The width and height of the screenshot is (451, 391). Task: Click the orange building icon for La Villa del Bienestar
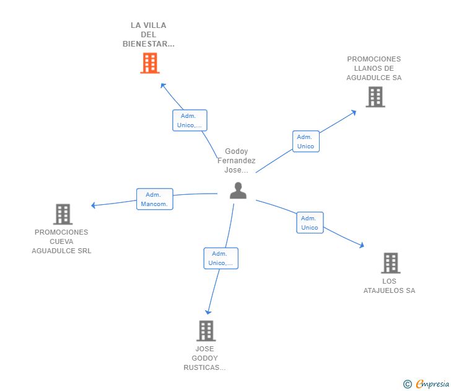click(149, 63)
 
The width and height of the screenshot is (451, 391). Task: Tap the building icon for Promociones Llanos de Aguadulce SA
click(375, 97)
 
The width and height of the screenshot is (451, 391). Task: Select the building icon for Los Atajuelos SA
click(390, 263)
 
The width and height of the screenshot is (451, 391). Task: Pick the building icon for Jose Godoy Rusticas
click(206, 331)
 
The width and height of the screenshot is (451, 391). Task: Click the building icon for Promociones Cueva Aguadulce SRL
click(63, 214)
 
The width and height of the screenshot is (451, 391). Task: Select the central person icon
click(238, 191)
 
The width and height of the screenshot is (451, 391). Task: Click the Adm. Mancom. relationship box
click(154, 199)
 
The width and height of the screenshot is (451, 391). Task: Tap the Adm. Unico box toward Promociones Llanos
click(305, 142)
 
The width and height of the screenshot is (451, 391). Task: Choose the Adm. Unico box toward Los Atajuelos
click(309, 223)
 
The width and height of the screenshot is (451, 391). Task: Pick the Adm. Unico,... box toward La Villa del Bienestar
click(190, 120)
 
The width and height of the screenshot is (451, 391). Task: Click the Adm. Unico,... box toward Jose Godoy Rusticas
click(221, 258)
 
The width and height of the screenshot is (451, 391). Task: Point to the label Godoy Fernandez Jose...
click(236, 161)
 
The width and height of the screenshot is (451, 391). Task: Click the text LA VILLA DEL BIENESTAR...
click(149, 35)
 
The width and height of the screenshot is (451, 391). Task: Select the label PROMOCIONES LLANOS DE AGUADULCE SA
click(374, 68)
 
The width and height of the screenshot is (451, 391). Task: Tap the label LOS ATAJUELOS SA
click(389, 286)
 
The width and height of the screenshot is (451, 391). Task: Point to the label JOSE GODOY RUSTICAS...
click(204, 358)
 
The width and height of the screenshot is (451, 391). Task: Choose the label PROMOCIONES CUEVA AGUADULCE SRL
click(62, 241)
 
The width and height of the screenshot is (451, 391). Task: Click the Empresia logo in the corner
click(427, 384)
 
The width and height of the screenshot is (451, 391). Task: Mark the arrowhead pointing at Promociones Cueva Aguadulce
click(94, 205)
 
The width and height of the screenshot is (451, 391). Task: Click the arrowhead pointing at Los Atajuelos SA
click(361, 246)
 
